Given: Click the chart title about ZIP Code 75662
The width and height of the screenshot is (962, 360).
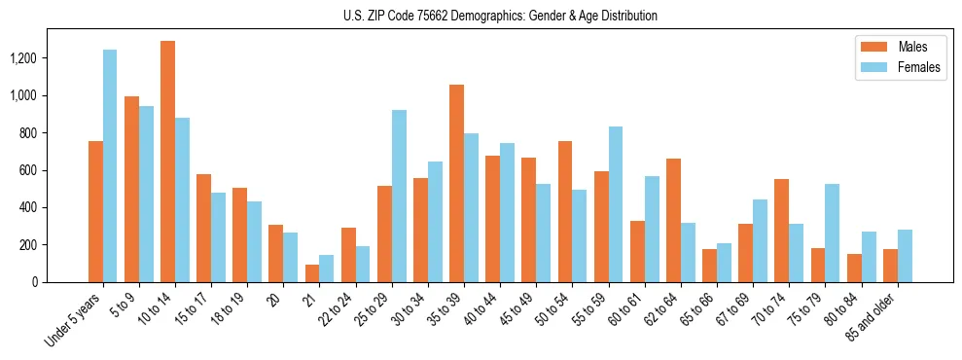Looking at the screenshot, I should [500, 16].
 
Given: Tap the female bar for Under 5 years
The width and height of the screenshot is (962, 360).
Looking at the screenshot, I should [110, 165].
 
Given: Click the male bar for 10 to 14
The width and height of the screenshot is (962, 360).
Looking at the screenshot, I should [167, 162].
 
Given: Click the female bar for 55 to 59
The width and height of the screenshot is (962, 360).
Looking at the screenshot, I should [616, 204].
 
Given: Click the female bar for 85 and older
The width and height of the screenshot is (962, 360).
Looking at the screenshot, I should [905, 256].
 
